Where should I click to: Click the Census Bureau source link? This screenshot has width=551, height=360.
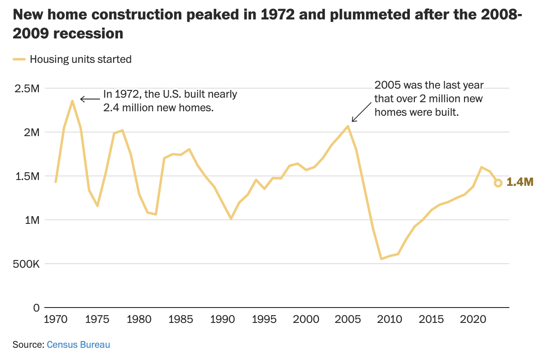pyautogui.click(x=78, y=345)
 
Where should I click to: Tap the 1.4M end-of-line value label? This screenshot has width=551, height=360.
pyautogui.click(x=520, y=182)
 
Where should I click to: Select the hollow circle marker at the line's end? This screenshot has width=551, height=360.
pyautogui.click(x=498, y=183)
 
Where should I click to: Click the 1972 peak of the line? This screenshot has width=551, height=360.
pyautogui.click(x=72, y=101)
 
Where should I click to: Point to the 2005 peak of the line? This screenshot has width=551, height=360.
pyautogui.click(x=348, y=126)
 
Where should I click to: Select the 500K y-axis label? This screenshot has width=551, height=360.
pyautogui.click(x=26, y=264)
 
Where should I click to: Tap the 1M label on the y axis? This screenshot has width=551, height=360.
pyautogui.click(x=32, y=220)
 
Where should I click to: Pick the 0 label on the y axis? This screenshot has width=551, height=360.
pyautogui.click(x=37, y=308)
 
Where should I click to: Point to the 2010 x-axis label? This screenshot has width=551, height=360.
pyautogui.click(x=390, y=319)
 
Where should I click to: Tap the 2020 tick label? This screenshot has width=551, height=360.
pyautogui.click(x=473, y=319)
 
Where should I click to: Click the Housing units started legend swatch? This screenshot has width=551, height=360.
pyautogui.click(x=19, y=59)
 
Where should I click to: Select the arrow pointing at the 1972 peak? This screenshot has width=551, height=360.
pyautogui.click(x=90, y=99)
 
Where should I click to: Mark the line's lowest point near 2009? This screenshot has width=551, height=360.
pyautogui.click(x=381, y=259)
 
